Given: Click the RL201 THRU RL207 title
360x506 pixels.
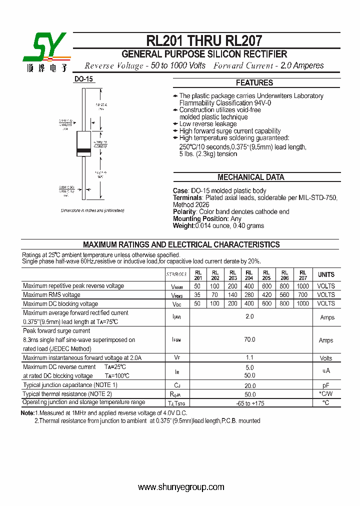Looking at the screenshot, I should click(x=204, y=40).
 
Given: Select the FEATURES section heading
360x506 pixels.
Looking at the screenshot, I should click(x=254, y=83).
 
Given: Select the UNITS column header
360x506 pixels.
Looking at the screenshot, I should click(x=326, y=274).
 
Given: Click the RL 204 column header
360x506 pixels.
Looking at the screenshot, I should click(x=249, y=275).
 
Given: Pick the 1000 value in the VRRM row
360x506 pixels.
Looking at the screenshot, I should click(x=303, y=286).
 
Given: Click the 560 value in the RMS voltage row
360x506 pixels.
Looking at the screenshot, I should click(x=284, y=295).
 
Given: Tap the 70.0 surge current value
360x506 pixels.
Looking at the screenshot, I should click(x=249, y=340).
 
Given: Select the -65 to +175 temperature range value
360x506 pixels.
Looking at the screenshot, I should click(x=249, y=403).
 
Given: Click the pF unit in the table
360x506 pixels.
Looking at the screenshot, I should click(x=326, y=385).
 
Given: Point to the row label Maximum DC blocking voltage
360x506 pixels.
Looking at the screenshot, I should click(x=60, y=304).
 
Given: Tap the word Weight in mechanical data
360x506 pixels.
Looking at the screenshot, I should click(x=183, y=225).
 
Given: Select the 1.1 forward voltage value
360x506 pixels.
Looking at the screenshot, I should click(x=249, y=357).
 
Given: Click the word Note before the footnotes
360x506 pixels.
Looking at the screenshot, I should click(x=27, y=413).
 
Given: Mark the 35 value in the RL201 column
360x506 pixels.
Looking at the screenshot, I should click(x=198, y=295).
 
